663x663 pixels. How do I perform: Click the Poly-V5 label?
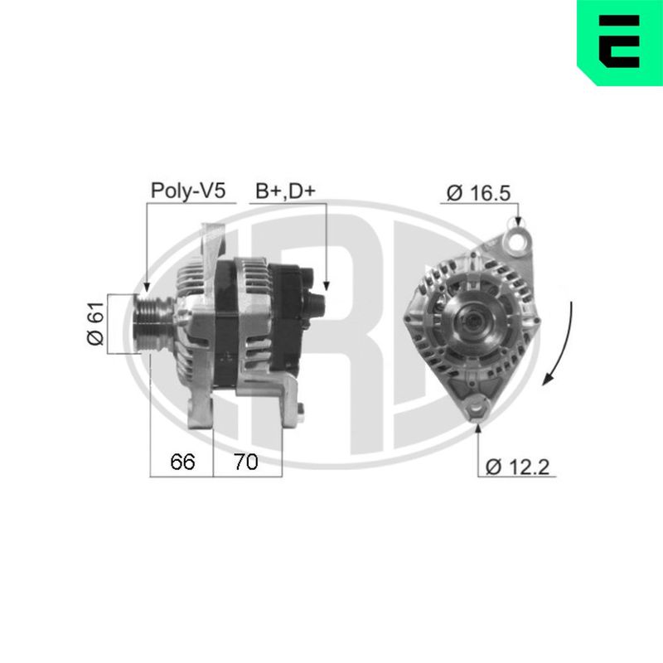[188, 191]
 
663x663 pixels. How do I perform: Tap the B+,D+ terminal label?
[285, 191]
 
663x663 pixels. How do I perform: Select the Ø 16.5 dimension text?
[479, 193]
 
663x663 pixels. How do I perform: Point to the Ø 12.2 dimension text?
[517, 467]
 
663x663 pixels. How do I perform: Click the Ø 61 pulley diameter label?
[95, 323]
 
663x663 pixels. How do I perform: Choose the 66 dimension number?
[182, 462]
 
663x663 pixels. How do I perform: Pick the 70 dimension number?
[245, 462]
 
